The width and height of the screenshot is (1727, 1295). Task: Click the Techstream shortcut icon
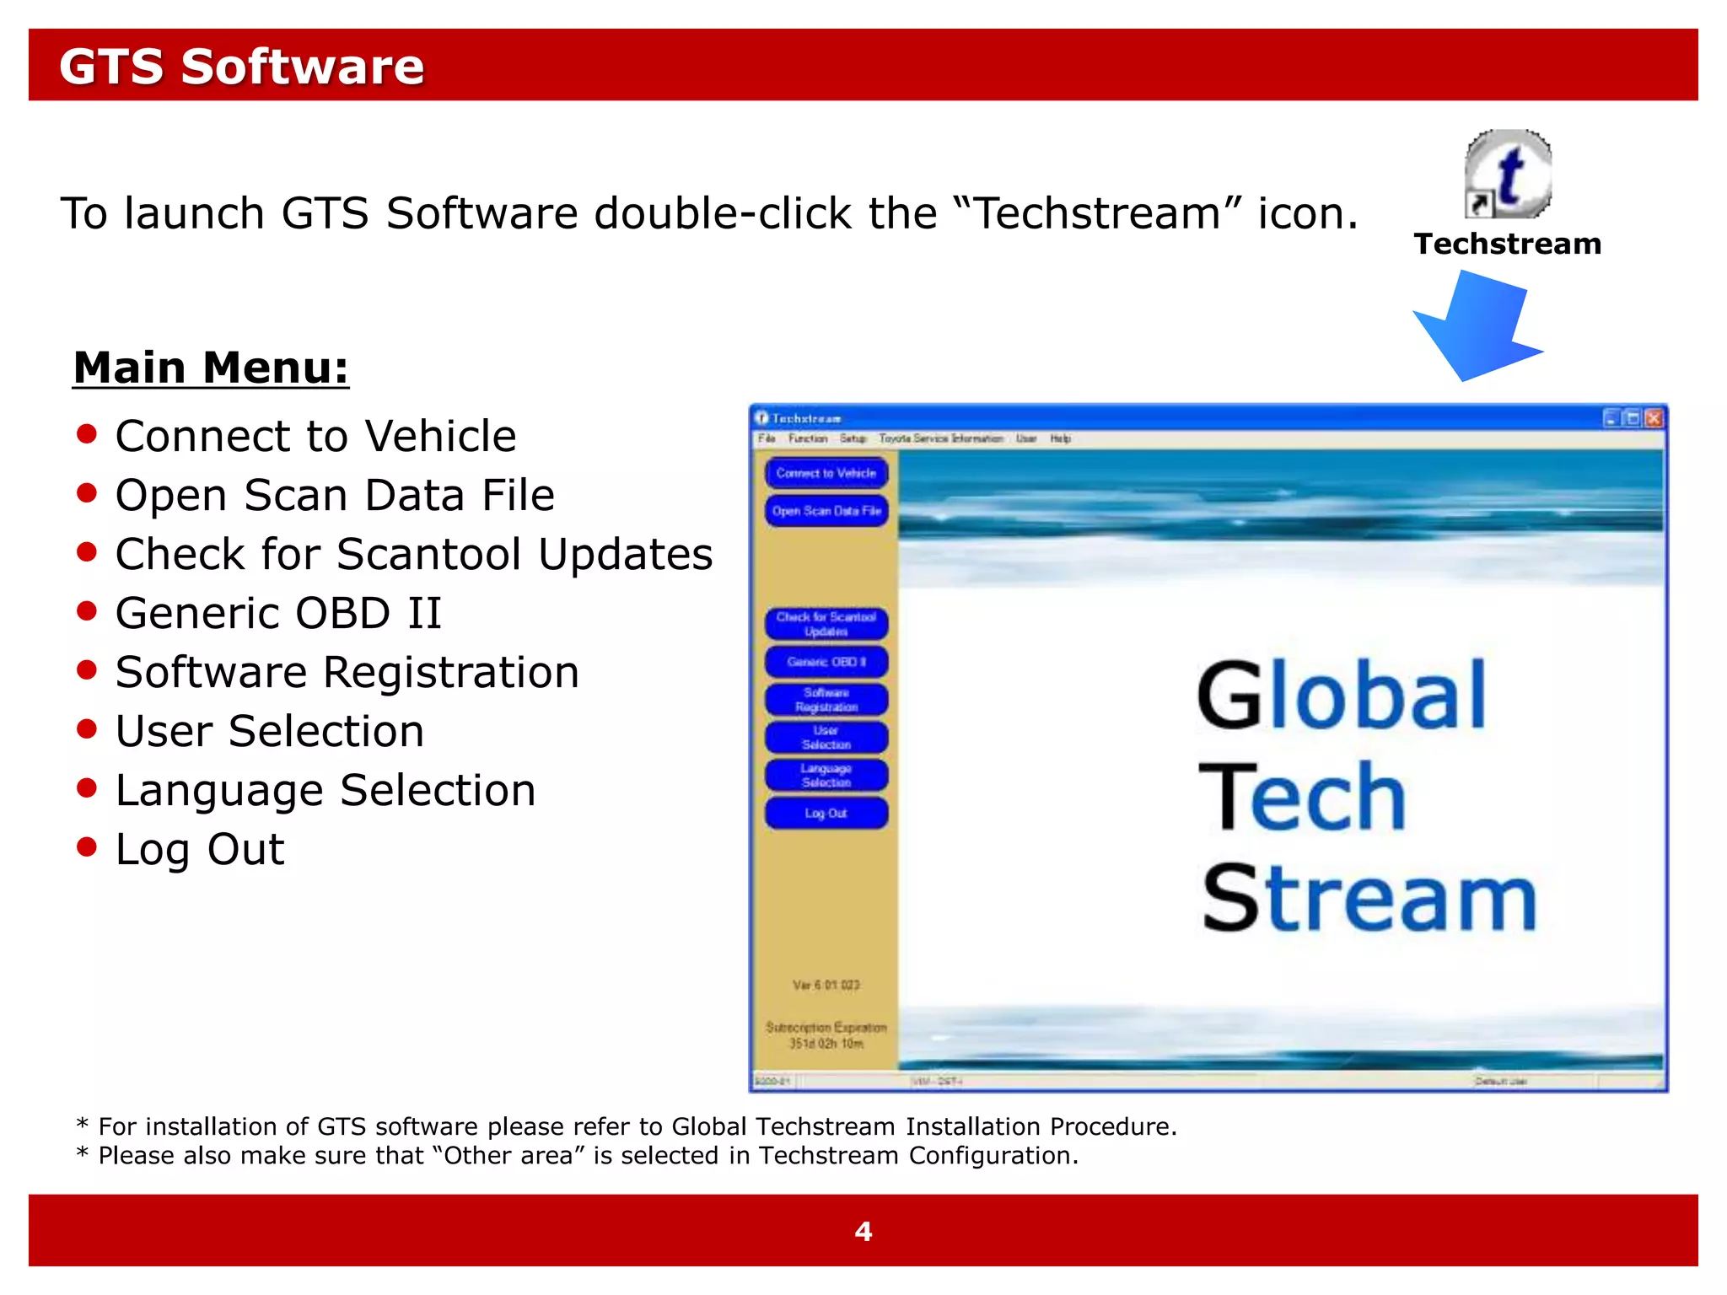(1508, 175)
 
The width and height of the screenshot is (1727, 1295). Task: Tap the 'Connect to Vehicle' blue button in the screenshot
(826, 473)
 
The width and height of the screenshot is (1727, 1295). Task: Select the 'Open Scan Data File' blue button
(826, 511)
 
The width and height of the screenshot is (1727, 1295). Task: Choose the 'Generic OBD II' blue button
(826, 662)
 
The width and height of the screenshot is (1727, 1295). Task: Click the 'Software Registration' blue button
(826, 700)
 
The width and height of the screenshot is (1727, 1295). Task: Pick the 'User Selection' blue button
(826, 738)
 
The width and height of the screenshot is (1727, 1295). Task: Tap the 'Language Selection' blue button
(826, 776)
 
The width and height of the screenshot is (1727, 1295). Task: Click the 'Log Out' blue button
(826, 814)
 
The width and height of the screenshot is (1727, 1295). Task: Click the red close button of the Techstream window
(1654, 418)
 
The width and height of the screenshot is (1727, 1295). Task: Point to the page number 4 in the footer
(863, 1232)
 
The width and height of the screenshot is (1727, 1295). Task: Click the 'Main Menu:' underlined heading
(211, 368)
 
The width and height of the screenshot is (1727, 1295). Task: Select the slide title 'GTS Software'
(241, 67)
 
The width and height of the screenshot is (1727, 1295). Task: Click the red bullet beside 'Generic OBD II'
(87, 610)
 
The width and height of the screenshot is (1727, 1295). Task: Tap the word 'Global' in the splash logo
(1341, 696)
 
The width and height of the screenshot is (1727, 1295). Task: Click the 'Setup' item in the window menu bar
(853, 438)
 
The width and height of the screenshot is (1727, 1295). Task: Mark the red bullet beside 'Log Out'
(87, 846)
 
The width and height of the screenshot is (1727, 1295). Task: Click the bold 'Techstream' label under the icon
(1508, 244)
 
